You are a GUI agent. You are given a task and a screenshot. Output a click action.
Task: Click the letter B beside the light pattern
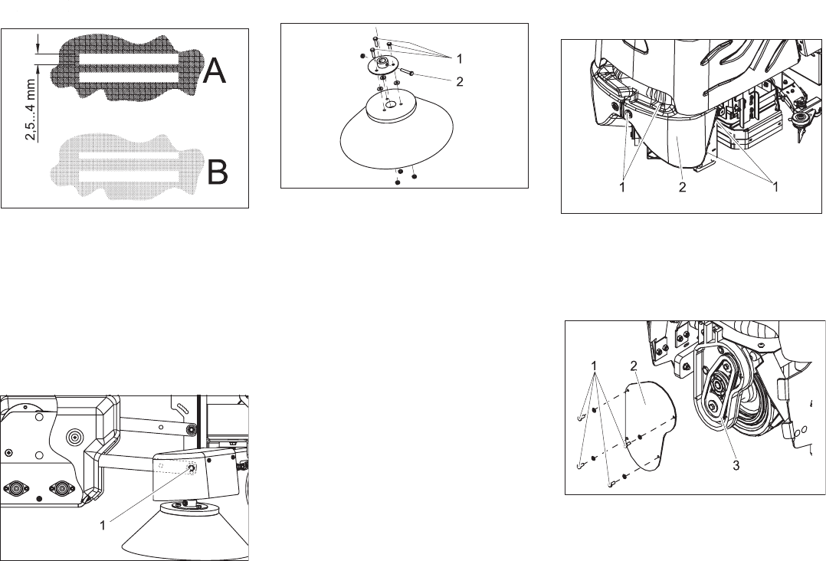pyautogui.click(x=218, y=174)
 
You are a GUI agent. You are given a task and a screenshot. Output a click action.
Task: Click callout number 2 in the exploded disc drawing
pyautogui.click(x=459, y=82)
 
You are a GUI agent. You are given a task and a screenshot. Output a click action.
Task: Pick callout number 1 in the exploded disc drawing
pyautogui.click(x=459, y=58)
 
